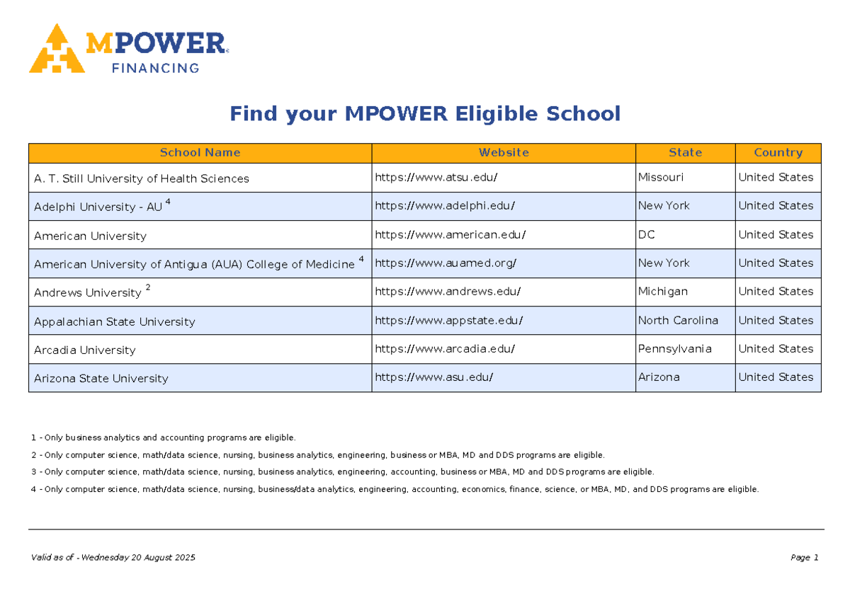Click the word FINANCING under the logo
pyautogui.click(x=156, y=68)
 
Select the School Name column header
pyautogui.click(x=200, y=152)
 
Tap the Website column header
pyautogui.click(x=504, y=152)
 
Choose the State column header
pyautogui.click(x=686, y=152)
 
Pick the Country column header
pyautogui.click(x=778, y=152)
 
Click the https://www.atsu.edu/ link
pyautogui.click(x=436, y=178)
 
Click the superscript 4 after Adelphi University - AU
pyautogui.click(x=168, y=201)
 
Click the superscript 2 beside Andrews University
pyautogui.click(x=148, y=287)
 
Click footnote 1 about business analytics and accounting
pyautogui.click(x=163, y=437)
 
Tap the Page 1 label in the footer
pyautogui.click(x=805, y=557)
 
